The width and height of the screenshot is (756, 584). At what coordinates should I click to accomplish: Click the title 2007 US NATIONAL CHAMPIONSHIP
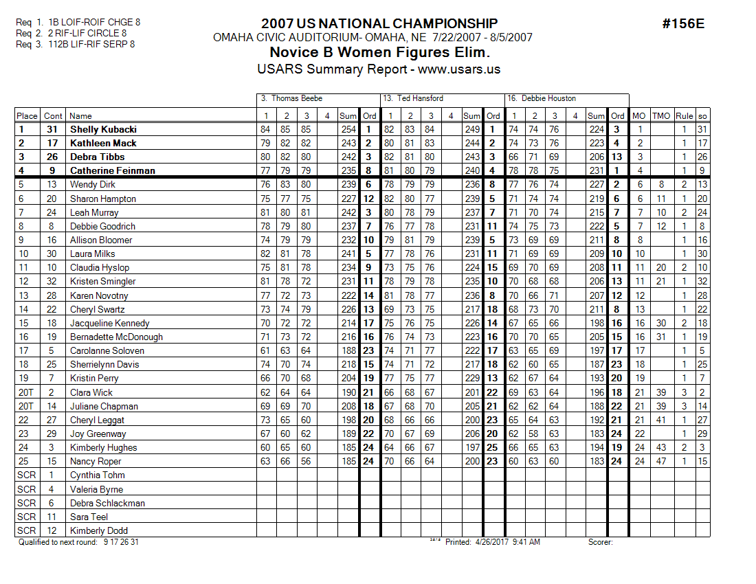379,24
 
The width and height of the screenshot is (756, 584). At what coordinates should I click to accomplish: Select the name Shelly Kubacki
103,129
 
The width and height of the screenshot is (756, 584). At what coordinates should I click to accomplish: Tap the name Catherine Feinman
113,170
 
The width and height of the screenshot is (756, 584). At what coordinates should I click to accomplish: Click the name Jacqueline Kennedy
110,323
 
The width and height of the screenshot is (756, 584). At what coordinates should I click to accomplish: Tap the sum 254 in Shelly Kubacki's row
348,129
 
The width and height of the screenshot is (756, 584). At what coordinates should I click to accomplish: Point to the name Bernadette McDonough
116,337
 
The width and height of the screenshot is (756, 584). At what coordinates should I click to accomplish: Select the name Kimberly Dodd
99,530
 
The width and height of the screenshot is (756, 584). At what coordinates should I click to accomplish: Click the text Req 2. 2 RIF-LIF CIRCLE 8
71,33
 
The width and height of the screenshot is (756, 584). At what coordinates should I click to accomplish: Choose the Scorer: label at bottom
600,542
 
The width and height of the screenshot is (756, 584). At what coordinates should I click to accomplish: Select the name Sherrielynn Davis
104,364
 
